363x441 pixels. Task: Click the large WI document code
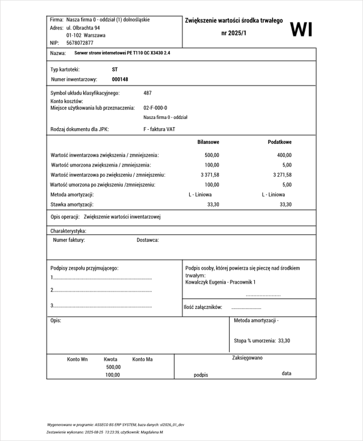coord(301,29)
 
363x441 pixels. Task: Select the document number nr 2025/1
coord(234,33)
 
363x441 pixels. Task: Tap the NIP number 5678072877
coord(80,43)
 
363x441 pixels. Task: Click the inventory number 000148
coord(120,79)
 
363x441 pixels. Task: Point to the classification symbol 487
coord(147,93)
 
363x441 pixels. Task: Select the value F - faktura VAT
coord(159,129)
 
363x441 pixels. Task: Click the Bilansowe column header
coord(208,142)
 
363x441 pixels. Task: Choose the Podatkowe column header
coord(280,142)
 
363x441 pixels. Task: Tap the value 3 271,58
coord(282,175)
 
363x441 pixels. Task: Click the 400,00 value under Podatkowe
coord(284,155)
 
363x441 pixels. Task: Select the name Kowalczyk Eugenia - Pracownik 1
coord(220,282)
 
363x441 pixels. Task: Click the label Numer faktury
coord(69,240)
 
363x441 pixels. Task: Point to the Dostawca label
coord(147,240)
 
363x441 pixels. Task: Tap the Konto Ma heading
coord(143,359)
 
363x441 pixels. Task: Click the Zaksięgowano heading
coord(247,358)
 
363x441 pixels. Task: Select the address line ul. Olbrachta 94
coord(83,28)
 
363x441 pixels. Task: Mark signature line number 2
coord(101,290)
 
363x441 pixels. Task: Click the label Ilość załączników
coord(203,307)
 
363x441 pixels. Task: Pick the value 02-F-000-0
coord(155,108)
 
